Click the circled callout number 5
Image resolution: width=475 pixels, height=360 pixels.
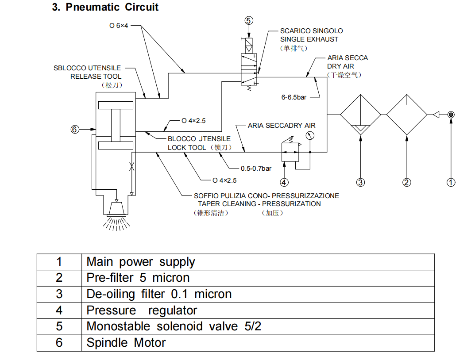249,20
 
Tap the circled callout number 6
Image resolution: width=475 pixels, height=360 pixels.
75,129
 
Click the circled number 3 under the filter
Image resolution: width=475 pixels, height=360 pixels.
361,182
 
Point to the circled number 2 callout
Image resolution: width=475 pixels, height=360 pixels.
407,182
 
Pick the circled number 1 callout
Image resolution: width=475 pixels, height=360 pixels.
451,182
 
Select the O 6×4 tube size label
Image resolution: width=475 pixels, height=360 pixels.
119,26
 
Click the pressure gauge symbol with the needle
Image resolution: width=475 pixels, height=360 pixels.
310,136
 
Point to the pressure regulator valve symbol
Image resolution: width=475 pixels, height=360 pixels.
290,151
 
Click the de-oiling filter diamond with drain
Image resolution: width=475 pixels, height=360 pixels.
361,115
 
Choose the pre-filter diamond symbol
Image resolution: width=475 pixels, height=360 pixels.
407,115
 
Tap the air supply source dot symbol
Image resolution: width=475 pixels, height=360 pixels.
451,115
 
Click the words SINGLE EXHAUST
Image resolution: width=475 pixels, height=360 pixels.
309,39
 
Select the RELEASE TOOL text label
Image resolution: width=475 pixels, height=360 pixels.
96,76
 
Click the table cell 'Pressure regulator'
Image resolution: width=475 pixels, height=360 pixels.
142,310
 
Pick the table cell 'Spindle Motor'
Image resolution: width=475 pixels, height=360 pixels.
126,343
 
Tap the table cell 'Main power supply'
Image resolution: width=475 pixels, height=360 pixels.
140,262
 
